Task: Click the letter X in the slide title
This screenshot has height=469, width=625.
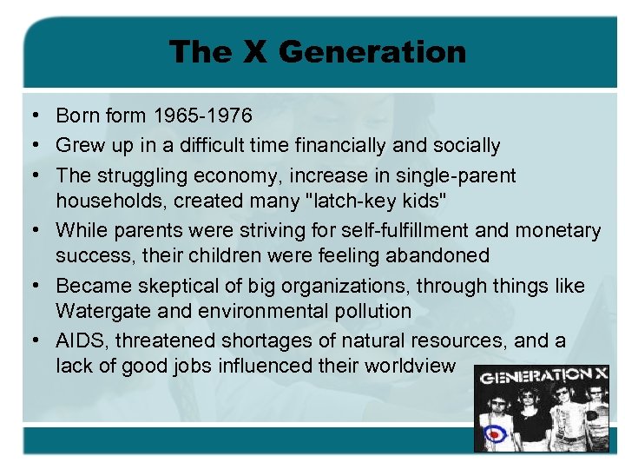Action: coord(254,52)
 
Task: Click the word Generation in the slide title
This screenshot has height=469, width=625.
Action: coord(372,52)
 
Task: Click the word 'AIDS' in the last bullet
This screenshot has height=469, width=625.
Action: coord(78,340)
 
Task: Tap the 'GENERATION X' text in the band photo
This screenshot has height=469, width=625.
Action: coord(544,376)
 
